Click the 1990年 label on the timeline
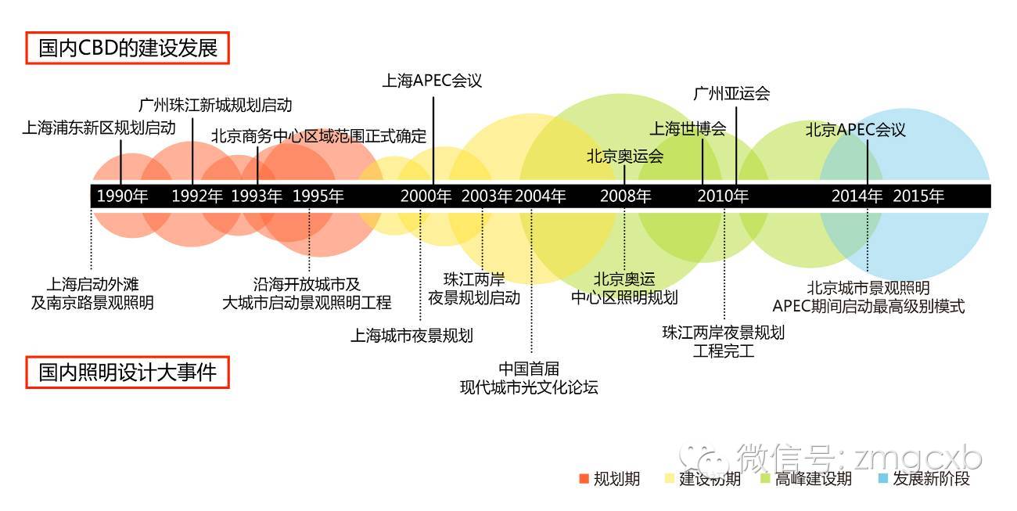pos(122,196)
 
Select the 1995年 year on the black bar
pos(318,196)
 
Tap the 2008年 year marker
pos(625,196)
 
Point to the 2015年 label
pos(918,196)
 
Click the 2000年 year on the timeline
pos(426,196)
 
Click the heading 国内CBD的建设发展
pos(128,49)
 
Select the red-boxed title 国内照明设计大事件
pos(128,372)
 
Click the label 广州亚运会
pos(731,94)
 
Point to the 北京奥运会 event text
pos(625,156)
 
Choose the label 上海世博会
pos(688,128)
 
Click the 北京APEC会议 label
pos(856,130)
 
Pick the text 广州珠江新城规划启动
pos(215,105)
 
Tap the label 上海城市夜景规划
pos(411,336)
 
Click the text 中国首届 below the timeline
pos(529,369)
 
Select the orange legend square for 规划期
pos(583,478)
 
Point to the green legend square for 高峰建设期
pos(765,478)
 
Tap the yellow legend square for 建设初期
pos(669,478)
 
